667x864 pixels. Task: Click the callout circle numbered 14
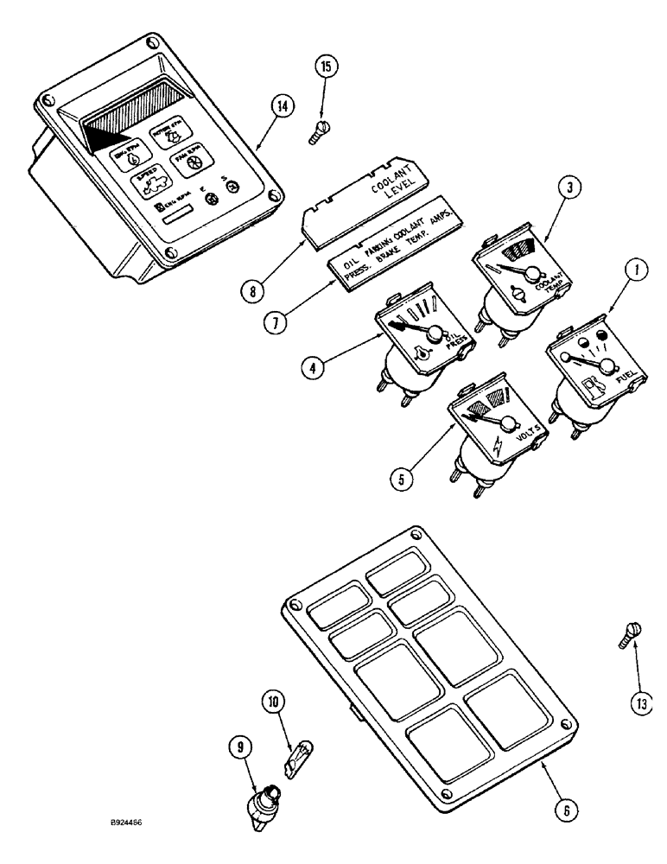tap(282, 107)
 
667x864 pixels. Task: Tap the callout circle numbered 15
tap(329, 67)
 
